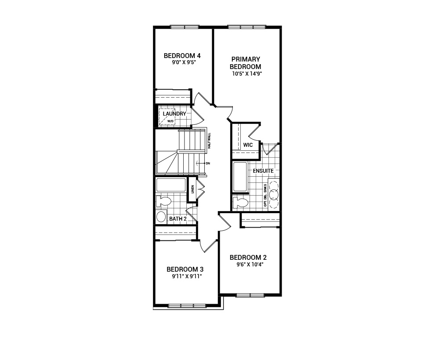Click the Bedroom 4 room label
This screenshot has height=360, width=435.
pos(182,55)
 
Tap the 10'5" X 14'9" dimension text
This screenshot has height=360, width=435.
pos(247,74)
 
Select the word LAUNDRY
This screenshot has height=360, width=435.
pos(174,114)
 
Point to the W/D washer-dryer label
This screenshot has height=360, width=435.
pos(170,121)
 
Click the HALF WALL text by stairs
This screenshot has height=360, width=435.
pos(210,141)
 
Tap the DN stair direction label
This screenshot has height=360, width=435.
pos(208,163)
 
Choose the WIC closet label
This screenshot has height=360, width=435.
pos(248,145)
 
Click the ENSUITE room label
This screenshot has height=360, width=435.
pos(263,171)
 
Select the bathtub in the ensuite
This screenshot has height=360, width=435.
pos(240,177)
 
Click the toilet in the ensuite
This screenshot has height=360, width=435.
pos(240,202)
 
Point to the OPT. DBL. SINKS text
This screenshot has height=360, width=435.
pos(265,195)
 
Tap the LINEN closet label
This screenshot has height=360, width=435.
pos(192,189)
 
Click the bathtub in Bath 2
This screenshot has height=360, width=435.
pos(171,185)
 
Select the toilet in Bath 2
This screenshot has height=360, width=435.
pos(163,201)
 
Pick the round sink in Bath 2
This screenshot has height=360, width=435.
pos(161,217)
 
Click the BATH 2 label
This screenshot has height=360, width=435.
pos(178,219)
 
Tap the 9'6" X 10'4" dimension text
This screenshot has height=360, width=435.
pos(250,265)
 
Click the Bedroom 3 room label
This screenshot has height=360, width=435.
pos(185,269)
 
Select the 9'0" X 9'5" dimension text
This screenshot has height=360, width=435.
pos(184,62)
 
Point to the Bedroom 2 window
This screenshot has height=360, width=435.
pos(250,295)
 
